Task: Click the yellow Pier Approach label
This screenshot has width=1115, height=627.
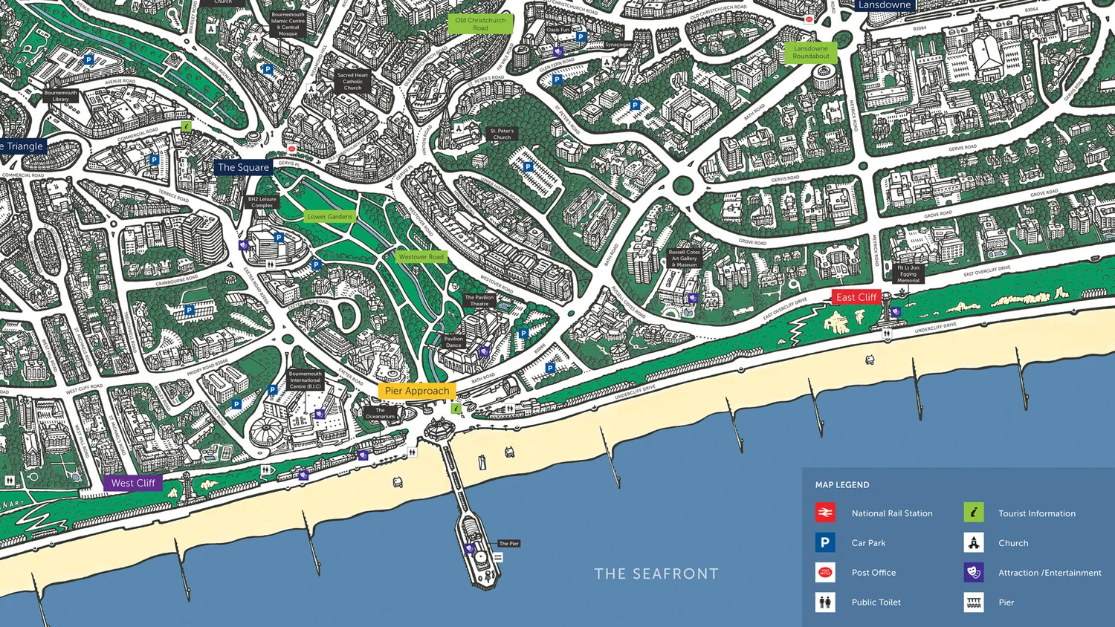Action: tap(417, 391)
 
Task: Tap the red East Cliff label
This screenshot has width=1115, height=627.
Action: tap(856, 297)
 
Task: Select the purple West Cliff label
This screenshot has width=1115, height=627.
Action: tap(132, 483)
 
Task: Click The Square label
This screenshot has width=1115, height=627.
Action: tap(242, 167)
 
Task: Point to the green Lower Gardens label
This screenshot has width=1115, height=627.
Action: tap(330, 217)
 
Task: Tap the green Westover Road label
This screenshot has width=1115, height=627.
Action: tap(421, 257)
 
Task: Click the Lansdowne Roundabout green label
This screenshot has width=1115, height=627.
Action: tap(810, 52)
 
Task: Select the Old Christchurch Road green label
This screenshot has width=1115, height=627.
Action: tap(480, 24)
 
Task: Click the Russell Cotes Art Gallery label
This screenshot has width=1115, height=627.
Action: tap(684, 259)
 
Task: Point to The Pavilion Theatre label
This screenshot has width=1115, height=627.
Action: tap(479, 300)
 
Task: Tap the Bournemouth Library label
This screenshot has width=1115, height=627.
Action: tap(60, 96)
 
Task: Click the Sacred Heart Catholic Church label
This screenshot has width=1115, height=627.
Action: tap(352, 81)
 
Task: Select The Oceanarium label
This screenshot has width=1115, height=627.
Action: tap(380, 413)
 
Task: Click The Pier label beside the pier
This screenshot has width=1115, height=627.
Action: tap(509, 544)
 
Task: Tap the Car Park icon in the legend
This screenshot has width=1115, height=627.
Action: tap(824, 543)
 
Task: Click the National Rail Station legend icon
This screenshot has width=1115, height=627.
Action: tap(824, 513)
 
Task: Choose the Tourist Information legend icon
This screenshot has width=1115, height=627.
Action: tap(974, 513)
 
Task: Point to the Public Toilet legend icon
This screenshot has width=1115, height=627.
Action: tap(824, 602)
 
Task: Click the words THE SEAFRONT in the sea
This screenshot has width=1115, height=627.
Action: tap(656, 574)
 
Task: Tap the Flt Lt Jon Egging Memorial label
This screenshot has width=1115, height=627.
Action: tap(908, 273)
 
